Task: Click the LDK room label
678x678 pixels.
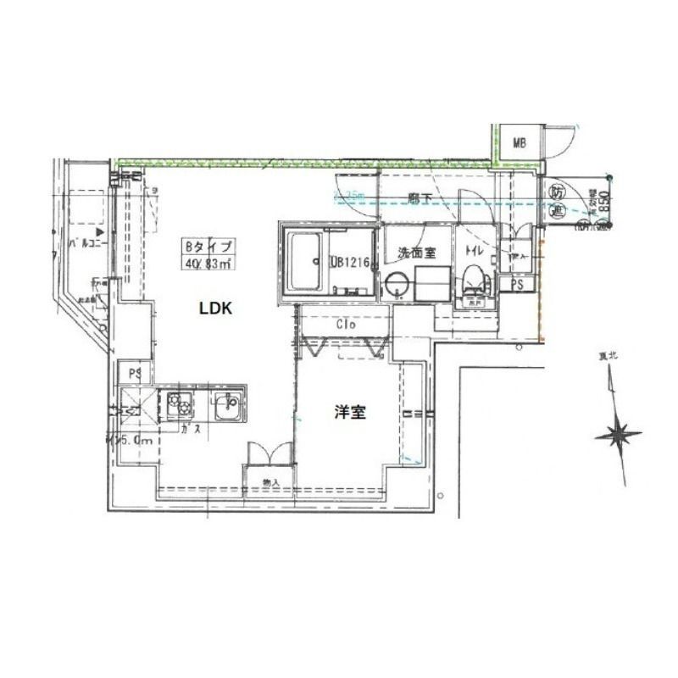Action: coord(215,309)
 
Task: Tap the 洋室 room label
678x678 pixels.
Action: coord(350,414)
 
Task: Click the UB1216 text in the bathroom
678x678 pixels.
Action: coord(351,263)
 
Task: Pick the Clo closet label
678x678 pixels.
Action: coord(344,325)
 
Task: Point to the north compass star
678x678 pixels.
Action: coord(618,436)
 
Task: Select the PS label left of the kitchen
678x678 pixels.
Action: coord(134,372)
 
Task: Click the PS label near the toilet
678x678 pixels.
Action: coord(517,286)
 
